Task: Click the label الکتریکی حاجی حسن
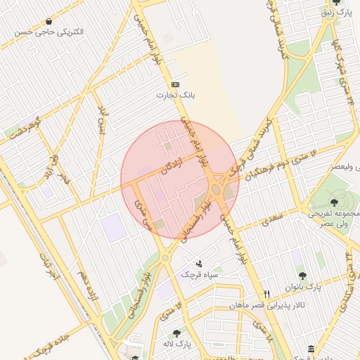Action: (x=49, y=32)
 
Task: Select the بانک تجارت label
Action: (x=175, y=94)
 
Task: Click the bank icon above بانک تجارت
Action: (x=175, y=84)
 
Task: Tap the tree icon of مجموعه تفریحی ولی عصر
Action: (x=334, y=202)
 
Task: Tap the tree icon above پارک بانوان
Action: (x=302, y=276)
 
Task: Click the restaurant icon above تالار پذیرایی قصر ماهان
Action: (x=266, y=295)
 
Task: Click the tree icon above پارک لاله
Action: (x=176, y=333)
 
